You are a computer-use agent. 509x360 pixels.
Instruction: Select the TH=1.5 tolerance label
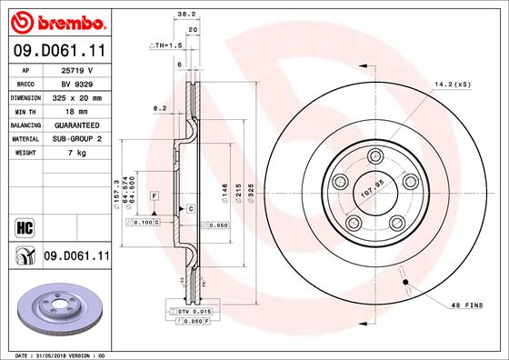(165, 44)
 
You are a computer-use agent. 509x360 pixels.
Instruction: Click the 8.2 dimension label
(160, 108)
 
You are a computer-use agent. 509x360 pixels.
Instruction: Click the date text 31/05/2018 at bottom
(62, 354)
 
